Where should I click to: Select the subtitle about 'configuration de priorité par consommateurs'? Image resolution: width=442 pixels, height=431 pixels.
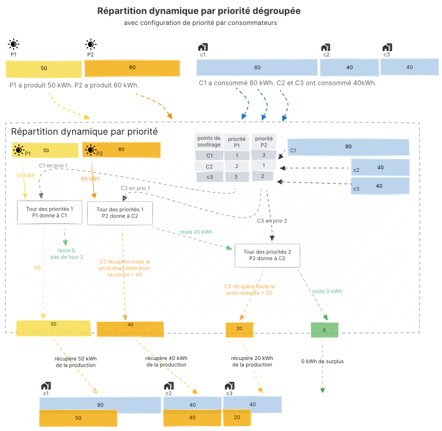click(x=200, y=23)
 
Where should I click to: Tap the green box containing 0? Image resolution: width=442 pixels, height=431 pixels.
click(x=324, y=330)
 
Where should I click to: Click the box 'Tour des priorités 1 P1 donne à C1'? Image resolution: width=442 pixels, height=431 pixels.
click(x=49, y=212)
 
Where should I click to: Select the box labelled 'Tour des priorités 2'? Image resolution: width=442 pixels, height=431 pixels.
click(x=267, y=254)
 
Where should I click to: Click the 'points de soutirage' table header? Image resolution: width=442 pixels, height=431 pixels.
click(x=209, y=141)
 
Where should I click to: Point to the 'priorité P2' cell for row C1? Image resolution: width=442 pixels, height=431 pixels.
click(x=264, y=155)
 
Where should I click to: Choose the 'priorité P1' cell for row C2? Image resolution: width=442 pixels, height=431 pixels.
click(x=237, y=166)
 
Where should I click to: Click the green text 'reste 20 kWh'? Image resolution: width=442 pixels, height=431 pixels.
click(x=195, y=232)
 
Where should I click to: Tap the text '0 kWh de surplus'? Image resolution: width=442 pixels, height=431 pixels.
click(x=323, y=361)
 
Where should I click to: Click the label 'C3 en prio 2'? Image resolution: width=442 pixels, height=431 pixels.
click(x=272, y=221)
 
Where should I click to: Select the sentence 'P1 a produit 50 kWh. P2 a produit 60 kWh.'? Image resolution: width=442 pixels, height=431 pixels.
click(x=74, y=85)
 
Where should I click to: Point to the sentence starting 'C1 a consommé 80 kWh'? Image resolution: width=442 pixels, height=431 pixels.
click(x=288, y=83)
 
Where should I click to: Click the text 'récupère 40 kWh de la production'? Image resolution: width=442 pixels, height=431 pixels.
click(x=166, y=362)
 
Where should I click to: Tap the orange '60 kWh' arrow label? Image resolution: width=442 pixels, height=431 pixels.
click(x=91, y=179)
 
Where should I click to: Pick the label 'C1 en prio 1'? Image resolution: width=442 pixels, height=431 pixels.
click(x=53, y=166)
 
